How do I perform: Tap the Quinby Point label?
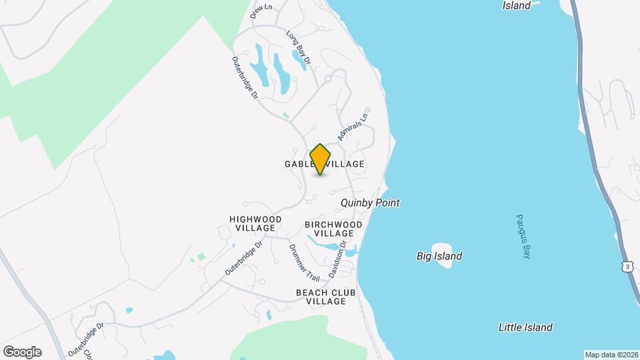[370, 203]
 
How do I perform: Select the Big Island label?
[439, 256]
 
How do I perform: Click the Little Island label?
[525, 327]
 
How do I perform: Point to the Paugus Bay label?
[523, 237]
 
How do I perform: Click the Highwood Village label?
[255, 223]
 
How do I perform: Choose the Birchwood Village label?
[333, 229]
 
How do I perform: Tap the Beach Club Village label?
[326, 297]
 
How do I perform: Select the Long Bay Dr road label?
[299, 47]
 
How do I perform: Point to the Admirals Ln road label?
[353, 126]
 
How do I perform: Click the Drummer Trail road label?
[304, 261]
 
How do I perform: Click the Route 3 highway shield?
[627, 266]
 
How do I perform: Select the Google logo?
[22, 352]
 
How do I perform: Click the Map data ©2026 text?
[611, 355]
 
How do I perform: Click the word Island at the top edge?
[517, 5]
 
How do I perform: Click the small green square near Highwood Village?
[201, 257]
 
